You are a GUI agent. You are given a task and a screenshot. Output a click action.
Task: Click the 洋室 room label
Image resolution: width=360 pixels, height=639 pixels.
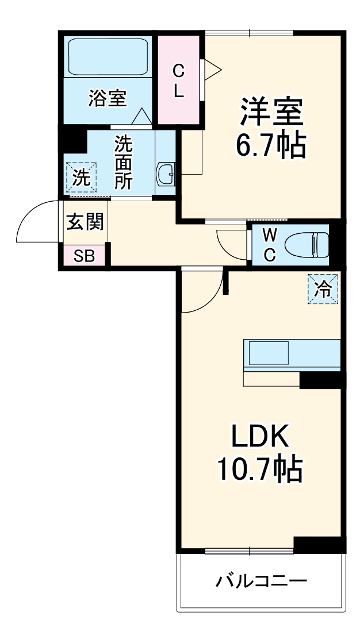(x=271, y=112)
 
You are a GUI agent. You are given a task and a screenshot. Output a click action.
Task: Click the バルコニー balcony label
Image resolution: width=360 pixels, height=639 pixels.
(x=261, y=582)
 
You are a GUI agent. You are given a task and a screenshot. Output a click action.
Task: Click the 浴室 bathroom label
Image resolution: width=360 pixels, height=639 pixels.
(x=108, y=98)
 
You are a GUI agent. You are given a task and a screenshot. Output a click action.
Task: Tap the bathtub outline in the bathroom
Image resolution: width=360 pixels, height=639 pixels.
(x=108, y=56)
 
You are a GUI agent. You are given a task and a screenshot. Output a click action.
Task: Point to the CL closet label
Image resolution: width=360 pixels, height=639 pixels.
(x=179, y=81)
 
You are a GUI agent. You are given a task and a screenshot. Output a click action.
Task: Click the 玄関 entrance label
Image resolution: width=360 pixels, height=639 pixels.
(x=85, y=222)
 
